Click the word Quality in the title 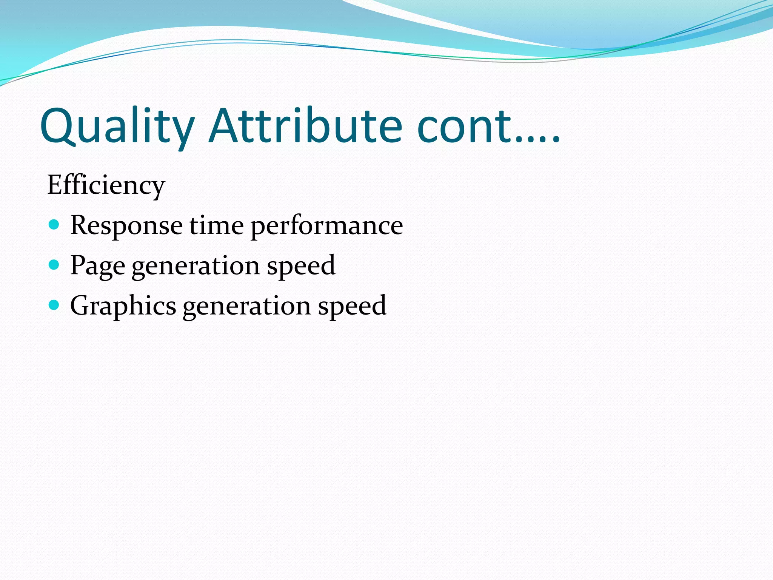pyautogui.click(x=117, y=126)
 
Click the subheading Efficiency pyautogui.click(x=106, y=186)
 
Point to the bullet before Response pyautogui.click(x=54, y=225)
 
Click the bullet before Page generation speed pyautogui.click(x=54, y=265)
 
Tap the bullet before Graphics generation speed pyautogui.click(x=54, y=305)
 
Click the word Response pyautogui.click(x=126, y=226)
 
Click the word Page pyautogui.click(x=97, y=266)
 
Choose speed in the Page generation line pyautogui.click(x=301, y=266)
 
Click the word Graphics pyautogui.click(x=123, y=306)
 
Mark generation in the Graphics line pyautogui.click(x=247, y=306)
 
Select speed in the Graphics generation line pyautogui.click(x=352, y=306)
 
